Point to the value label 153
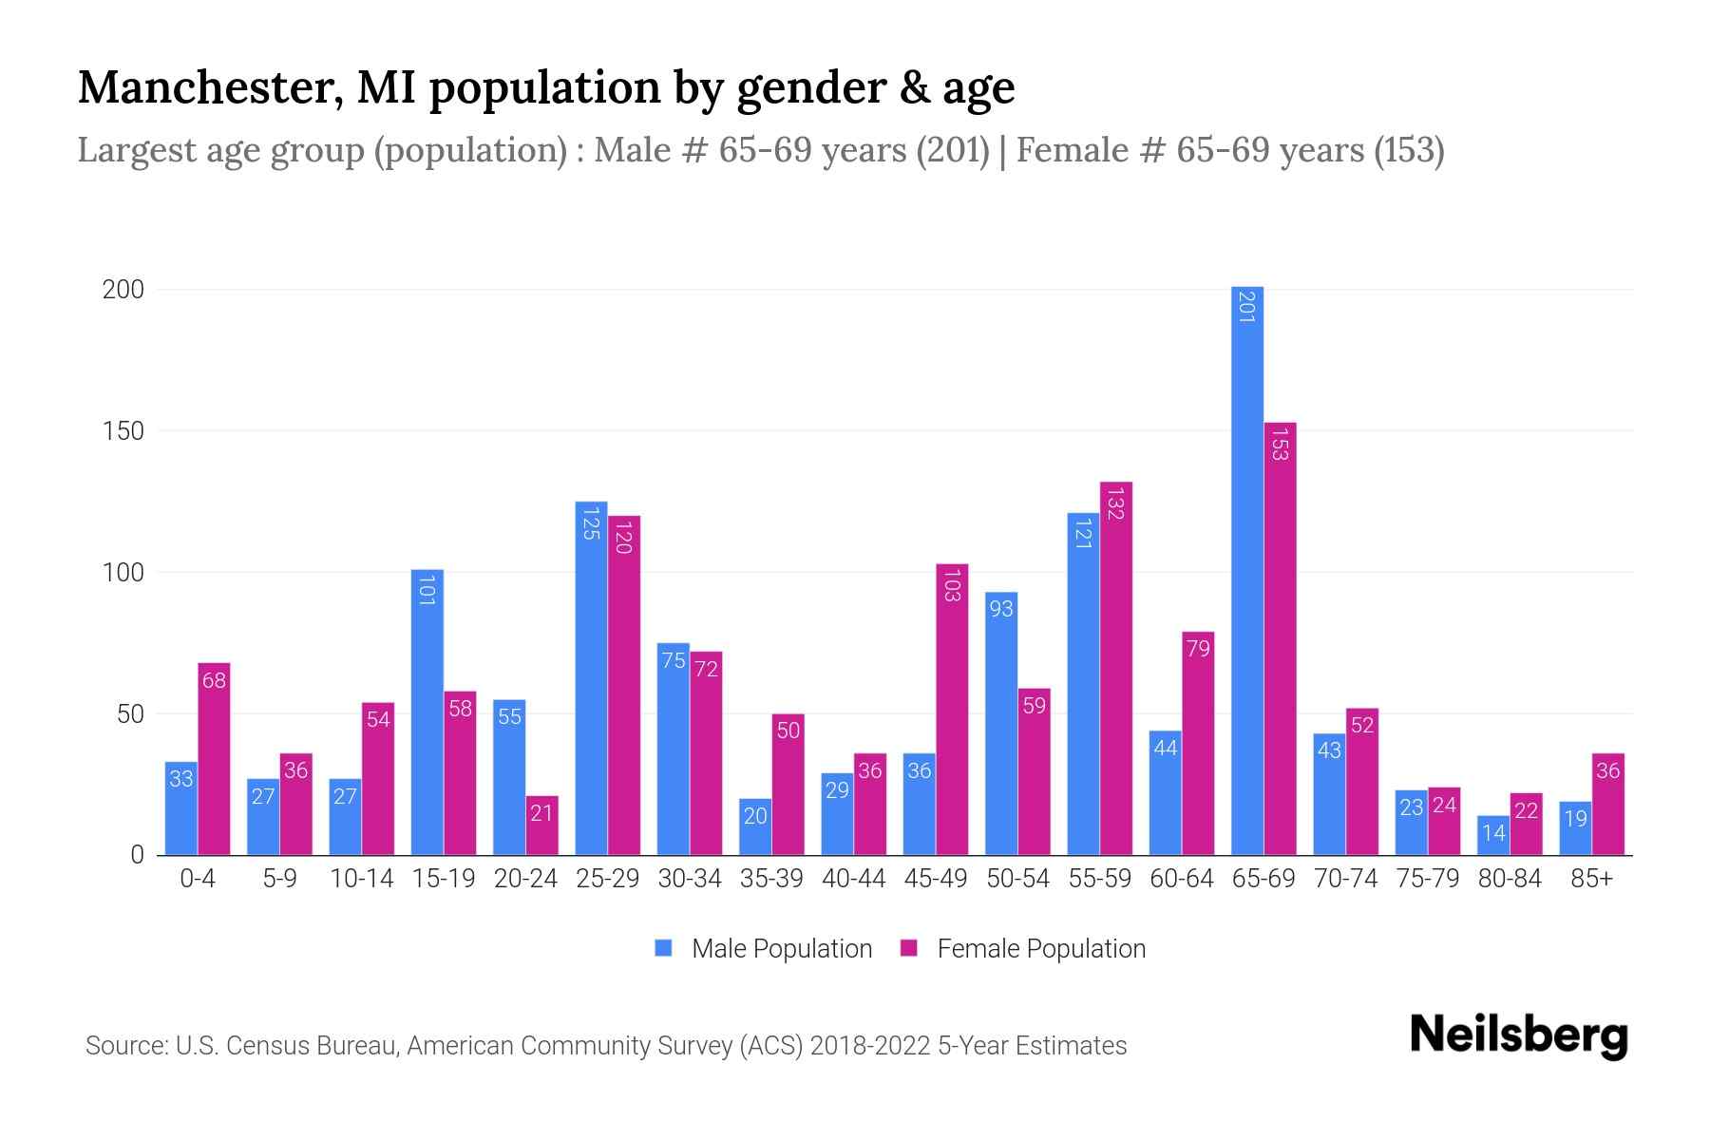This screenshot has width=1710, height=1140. [x=1280, y=445]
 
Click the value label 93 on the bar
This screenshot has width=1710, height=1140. [x=1001, y=609]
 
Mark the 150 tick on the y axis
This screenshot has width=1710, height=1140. [x=123, y=431]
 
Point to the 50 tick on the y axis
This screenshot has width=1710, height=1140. [x=130, y=714]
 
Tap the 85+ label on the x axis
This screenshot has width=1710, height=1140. [x=1591, y=879]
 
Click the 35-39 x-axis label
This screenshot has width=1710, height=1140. [x=771, y=879]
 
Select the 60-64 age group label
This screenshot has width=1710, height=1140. [x=1181, y=879]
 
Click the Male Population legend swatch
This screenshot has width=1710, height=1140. [x=663, y=948]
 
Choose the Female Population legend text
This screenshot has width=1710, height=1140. [x=1041, y=949]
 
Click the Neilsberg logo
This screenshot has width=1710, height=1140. [x=1518, y=1035]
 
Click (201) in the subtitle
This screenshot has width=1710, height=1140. [x=953, y=150]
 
